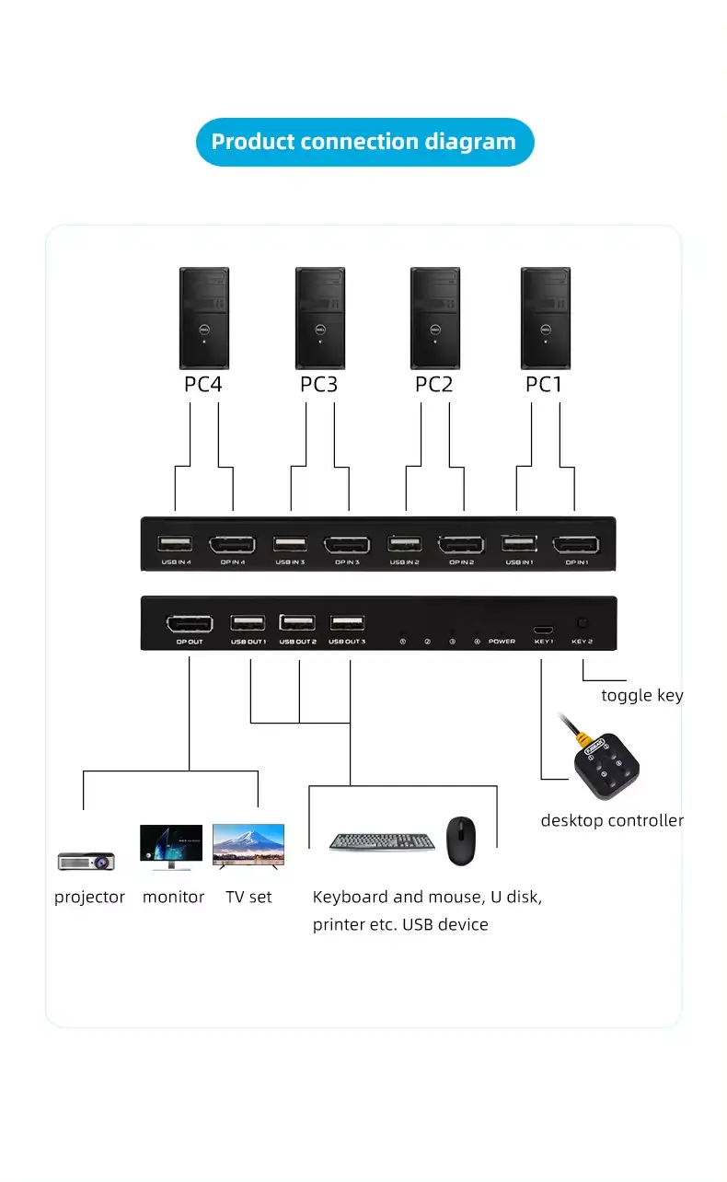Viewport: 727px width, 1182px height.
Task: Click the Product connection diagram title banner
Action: pyautogui.click(x=364, y=142)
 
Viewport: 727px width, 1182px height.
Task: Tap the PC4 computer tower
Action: pyautogui.click(x=203, y=318)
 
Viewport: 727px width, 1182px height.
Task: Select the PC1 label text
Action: pyautogui.click(x=543, y=384)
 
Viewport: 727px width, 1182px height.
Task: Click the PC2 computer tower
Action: pyautogui.click(x=435, y=318)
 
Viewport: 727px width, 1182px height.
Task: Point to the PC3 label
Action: pyautogui.click(x=318, y=384)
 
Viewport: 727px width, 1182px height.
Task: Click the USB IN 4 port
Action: pyautogui.click(x=175, y=543)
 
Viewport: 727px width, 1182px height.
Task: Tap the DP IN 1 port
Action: pyautogui.click(x=575, y=544)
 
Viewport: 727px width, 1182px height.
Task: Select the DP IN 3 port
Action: pyautogui.click(x=346, y=544)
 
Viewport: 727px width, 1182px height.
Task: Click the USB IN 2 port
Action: pyautogui.click(x=404, y=543)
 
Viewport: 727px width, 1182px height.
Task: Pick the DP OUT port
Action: pyautogui.click(x=189, y=623)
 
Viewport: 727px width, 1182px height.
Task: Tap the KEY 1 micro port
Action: pyautogui.click(x=542, y=630)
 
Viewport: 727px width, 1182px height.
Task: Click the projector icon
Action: pyautogui.click(x=86, y=861)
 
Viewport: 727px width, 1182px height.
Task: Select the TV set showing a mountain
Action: pyautogui.click(x=248, y=844)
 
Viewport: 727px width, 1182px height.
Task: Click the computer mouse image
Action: pyautogui.click(x=461, y=840)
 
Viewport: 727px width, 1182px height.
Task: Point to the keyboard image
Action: pyautogui.click(x=382, y=841)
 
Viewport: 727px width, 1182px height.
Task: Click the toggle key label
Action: pyautogui.click(x=641, y=695)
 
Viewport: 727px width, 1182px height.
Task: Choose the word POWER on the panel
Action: pyautogui.click(x=502, y=642)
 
